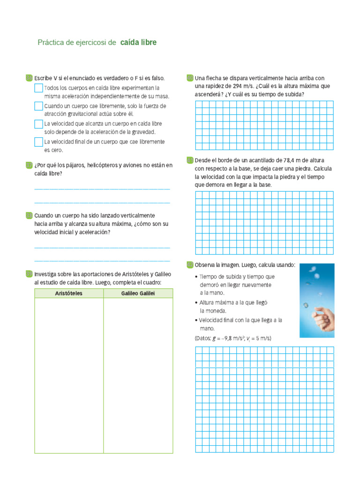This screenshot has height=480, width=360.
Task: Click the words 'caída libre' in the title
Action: pos(138,43)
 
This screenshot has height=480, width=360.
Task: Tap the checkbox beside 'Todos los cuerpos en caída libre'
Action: pos(38,88)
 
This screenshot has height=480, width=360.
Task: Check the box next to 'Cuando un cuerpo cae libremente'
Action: pos(38,106)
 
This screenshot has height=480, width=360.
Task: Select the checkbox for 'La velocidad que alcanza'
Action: pos(38,124)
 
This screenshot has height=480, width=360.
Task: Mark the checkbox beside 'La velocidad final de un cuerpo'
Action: pos(38,142)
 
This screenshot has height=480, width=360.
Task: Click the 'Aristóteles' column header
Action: pos(69,293)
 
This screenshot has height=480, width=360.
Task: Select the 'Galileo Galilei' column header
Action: pos(138,293)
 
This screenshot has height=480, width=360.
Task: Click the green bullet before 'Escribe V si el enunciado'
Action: pos(29,78)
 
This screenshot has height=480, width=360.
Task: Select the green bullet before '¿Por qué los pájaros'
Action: pos(29,165)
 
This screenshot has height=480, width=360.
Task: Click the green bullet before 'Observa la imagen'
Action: pos(189,265)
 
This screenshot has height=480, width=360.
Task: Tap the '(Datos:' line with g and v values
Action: pos(233,338)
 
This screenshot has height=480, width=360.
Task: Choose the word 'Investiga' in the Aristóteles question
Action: pos(46,274)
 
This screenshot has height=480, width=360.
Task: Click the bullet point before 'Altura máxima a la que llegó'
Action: pos(196,303)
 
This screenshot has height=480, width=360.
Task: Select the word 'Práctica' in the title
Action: pos(52,43)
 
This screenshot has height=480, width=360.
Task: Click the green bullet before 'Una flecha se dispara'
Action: pos(189,78)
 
